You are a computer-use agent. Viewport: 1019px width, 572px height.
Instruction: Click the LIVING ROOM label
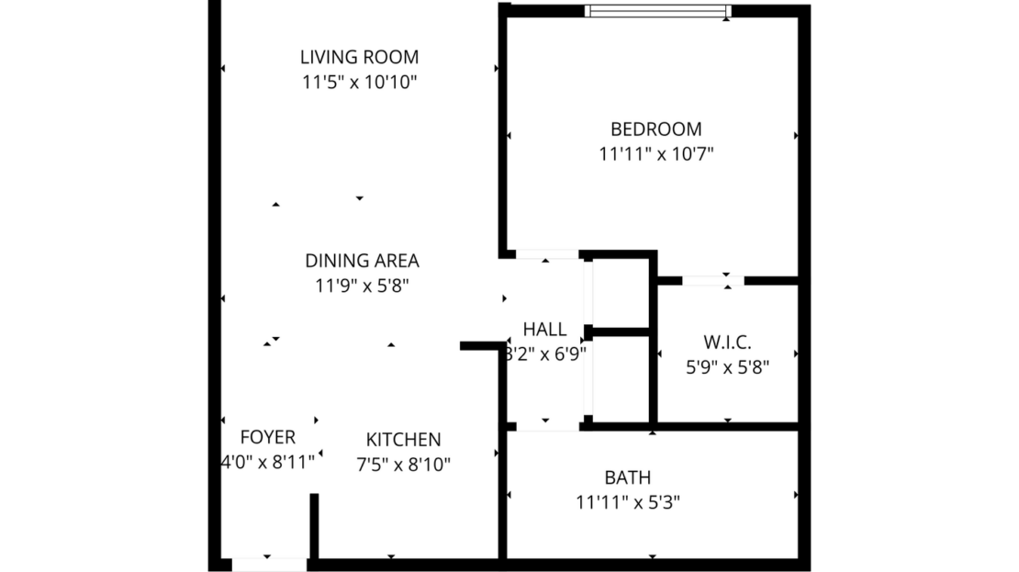(359, 57)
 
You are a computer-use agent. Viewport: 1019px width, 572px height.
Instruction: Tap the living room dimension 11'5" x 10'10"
(359, 82)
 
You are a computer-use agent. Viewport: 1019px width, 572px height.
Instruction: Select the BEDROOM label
(655, 129)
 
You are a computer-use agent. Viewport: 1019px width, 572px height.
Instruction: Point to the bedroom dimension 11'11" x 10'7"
(655, 154)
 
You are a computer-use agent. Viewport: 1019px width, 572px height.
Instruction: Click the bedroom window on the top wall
(657, 11)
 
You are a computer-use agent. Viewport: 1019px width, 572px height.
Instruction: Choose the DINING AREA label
(362, 261)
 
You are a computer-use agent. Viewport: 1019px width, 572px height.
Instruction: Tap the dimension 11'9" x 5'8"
(362, 286)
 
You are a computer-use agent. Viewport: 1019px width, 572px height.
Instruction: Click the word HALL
(544, 330)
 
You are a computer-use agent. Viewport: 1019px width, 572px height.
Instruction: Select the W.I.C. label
(727, 342)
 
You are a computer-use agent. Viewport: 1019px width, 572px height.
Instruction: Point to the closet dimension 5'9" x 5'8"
(727, 367)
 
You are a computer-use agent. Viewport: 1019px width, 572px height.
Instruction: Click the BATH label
(628, 477)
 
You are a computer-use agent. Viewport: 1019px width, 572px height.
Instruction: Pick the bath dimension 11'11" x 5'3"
(628, 502)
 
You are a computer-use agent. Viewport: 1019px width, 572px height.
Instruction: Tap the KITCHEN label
(403, 440)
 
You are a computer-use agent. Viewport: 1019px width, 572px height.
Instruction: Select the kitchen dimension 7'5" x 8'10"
(403, 465)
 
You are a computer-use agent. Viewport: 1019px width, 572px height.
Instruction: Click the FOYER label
(267, 437)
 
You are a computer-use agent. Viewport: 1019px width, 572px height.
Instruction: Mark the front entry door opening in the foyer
(268, 564)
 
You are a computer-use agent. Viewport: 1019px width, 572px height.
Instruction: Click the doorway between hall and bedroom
(547, 254)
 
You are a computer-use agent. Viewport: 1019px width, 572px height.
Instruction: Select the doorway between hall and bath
(547, 426)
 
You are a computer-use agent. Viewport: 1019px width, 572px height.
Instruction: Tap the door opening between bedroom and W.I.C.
(712, 280)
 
